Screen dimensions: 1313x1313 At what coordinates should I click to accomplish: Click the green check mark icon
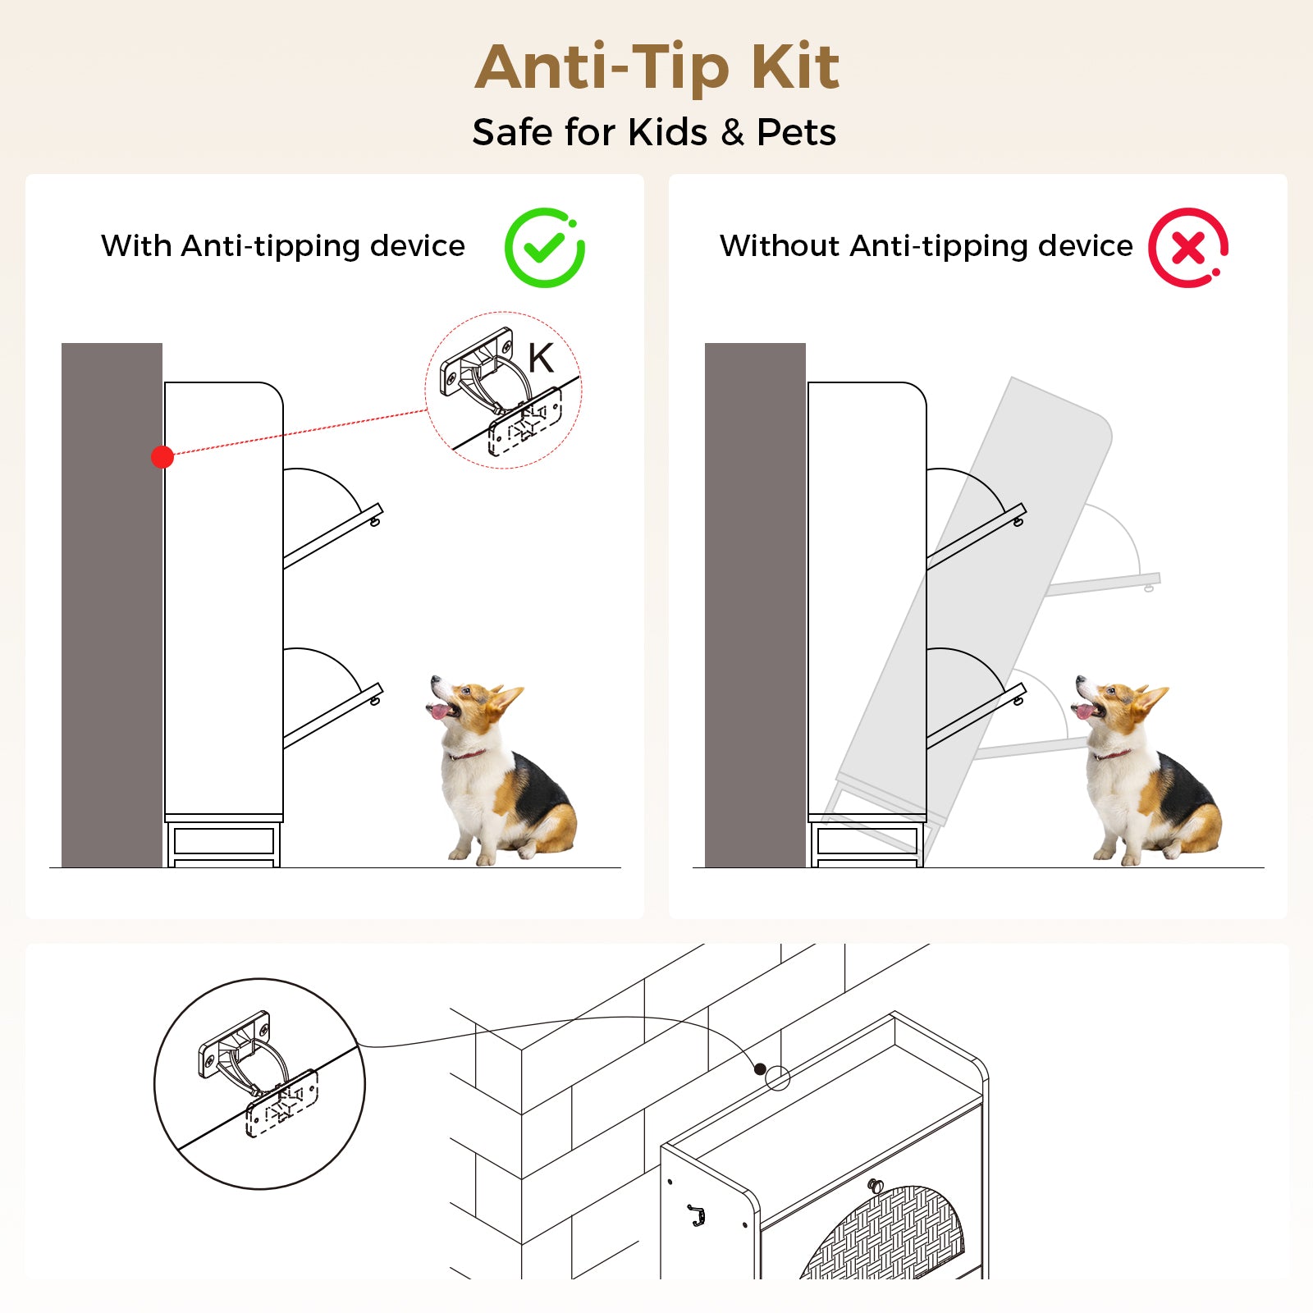544,247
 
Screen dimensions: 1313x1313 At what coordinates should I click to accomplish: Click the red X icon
1188,247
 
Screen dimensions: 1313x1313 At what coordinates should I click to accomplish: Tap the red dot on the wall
162,457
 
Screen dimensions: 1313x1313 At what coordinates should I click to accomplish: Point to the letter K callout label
541,358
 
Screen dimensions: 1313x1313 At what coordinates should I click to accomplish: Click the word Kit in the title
795,66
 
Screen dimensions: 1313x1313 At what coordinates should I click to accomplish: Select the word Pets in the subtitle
796,132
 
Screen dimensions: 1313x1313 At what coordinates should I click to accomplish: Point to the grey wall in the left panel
112,605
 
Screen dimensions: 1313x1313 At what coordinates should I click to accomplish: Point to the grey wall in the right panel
755,605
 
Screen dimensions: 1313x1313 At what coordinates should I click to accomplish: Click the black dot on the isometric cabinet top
760,1068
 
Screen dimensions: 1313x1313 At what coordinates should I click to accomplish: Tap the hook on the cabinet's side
697,1215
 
